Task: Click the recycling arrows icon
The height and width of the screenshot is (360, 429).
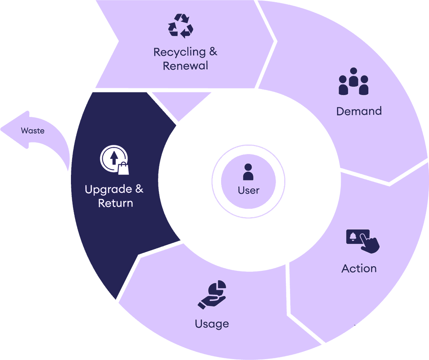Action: coord(180,26)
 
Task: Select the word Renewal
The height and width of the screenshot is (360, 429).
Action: coord(185,66)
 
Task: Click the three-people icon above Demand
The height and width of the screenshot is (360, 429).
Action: coord(353,81)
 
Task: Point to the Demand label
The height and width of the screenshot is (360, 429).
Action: coord(359,111)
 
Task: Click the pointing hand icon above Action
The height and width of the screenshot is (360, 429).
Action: coord(363,241)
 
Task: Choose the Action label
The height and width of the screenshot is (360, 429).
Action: coord(359,269)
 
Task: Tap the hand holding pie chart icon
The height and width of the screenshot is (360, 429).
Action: coord(212,295)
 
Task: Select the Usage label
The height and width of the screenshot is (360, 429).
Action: coord(212,324)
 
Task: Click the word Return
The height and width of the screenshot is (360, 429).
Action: coord(115,203)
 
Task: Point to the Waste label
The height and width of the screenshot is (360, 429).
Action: coord(33,131)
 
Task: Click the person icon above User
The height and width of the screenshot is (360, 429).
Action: coord(248,172)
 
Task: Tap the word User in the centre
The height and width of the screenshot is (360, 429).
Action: coord(248,190)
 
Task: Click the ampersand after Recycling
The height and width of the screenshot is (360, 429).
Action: coord(213,52)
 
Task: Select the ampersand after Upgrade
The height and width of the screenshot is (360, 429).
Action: coord(139,189)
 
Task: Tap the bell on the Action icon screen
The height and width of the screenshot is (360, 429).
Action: coord(352,236)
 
